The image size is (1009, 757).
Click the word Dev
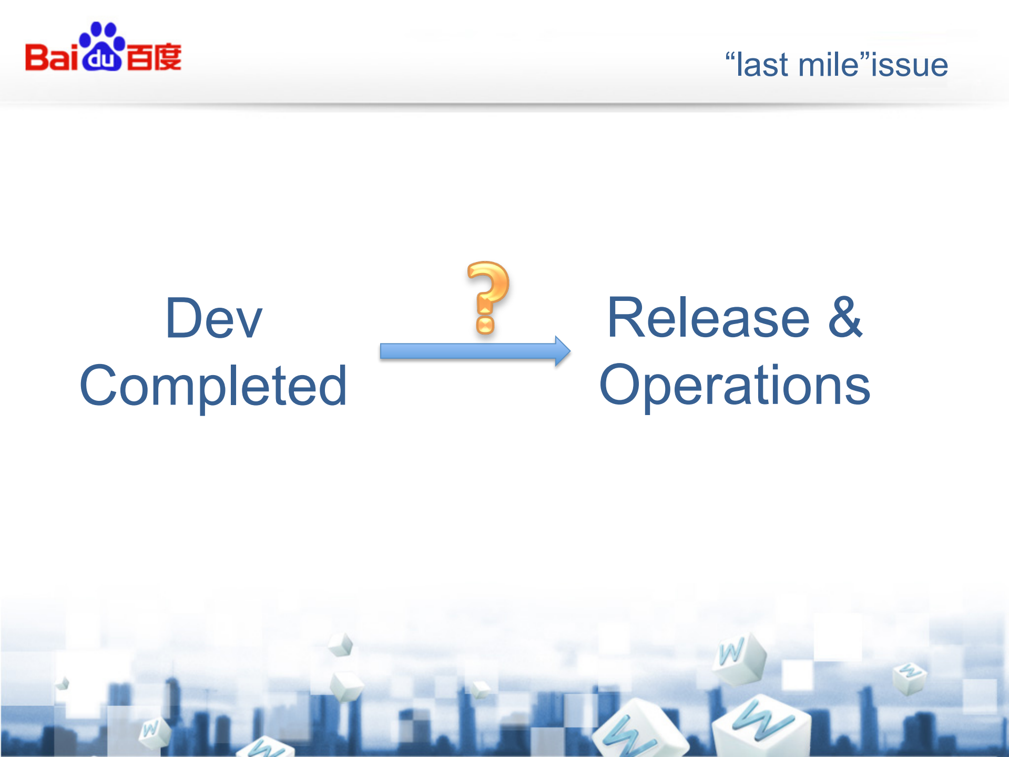point(213,318)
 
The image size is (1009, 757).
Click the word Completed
point(213,386)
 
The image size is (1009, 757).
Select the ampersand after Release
point(845,318)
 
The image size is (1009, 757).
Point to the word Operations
point(735,386)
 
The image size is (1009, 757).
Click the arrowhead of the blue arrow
point(562,351)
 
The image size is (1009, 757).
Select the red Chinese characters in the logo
point(154,57)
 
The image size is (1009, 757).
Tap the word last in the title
point(762,65)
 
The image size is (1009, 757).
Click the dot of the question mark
point(485,325)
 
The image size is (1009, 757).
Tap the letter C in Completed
point(101,386)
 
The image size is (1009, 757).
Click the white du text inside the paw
point(101,59)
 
